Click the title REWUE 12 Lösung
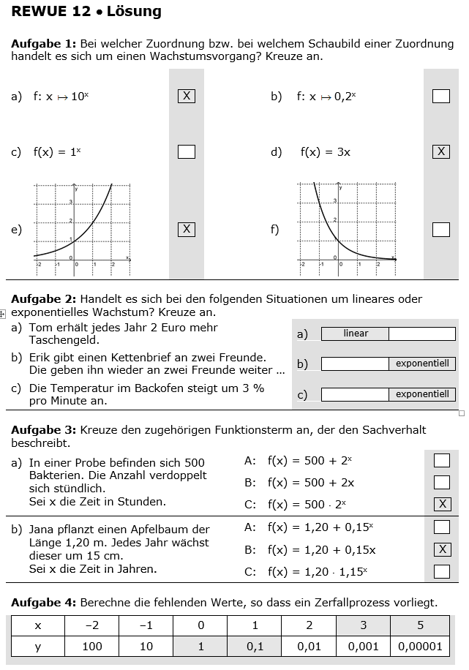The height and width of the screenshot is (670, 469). coord(86,12)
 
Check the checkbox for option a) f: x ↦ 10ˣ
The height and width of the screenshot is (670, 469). coord(187,96)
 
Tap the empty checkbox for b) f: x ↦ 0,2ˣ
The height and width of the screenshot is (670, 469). coord(440,96)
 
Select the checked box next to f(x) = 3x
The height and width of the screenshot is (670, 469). coord(440,151)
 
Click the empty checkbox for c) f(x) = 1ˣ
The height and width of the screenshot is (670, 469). coord(187,151)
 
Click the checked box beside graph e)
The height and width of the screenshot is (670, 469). coord(187,230)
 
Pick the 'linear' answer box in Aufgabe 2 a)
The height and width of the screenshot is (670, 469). coord(356,334)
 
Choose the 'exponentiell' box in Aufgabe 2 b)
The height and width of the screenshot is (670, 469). coord(422,364)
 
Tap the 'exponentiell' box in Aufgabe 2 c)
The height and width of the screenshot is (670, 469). coord(422,394)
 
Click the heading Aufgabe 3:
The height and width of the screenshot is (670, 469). coord(44,430)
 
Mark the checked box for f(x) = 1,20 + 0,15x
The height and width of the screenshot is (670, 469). coord(441,549)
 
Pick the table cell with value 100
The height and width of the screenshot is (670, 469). coord(92,646)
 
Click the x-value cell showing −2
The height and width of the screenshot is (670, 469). coord(92,625)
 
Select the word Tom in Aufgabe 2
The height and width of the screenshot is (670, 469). coord(40,328)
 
